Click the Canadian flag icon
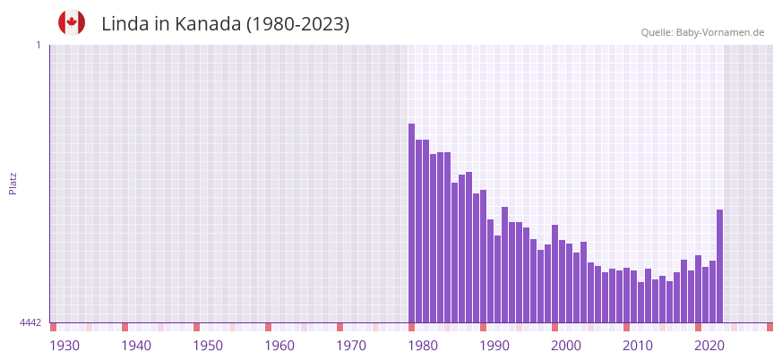click(72, 23)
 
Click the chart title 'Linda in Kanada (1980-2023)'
click(225, 24)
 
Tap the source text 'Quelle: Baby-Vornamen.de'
click(702, 32)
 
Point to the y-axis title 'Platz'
click(13, 183)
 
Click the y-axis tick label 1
click(38, 45)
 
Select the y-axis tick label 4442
click(30, 322)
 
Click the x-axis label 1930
click(64, 346)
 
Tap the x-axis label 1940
click(136, 346)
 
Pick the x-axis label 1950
click(208, 346)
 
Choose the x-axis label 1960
click(279, 346)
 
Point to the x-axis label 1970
click(351, 346)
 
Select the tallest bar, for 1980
click(412, 223)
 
